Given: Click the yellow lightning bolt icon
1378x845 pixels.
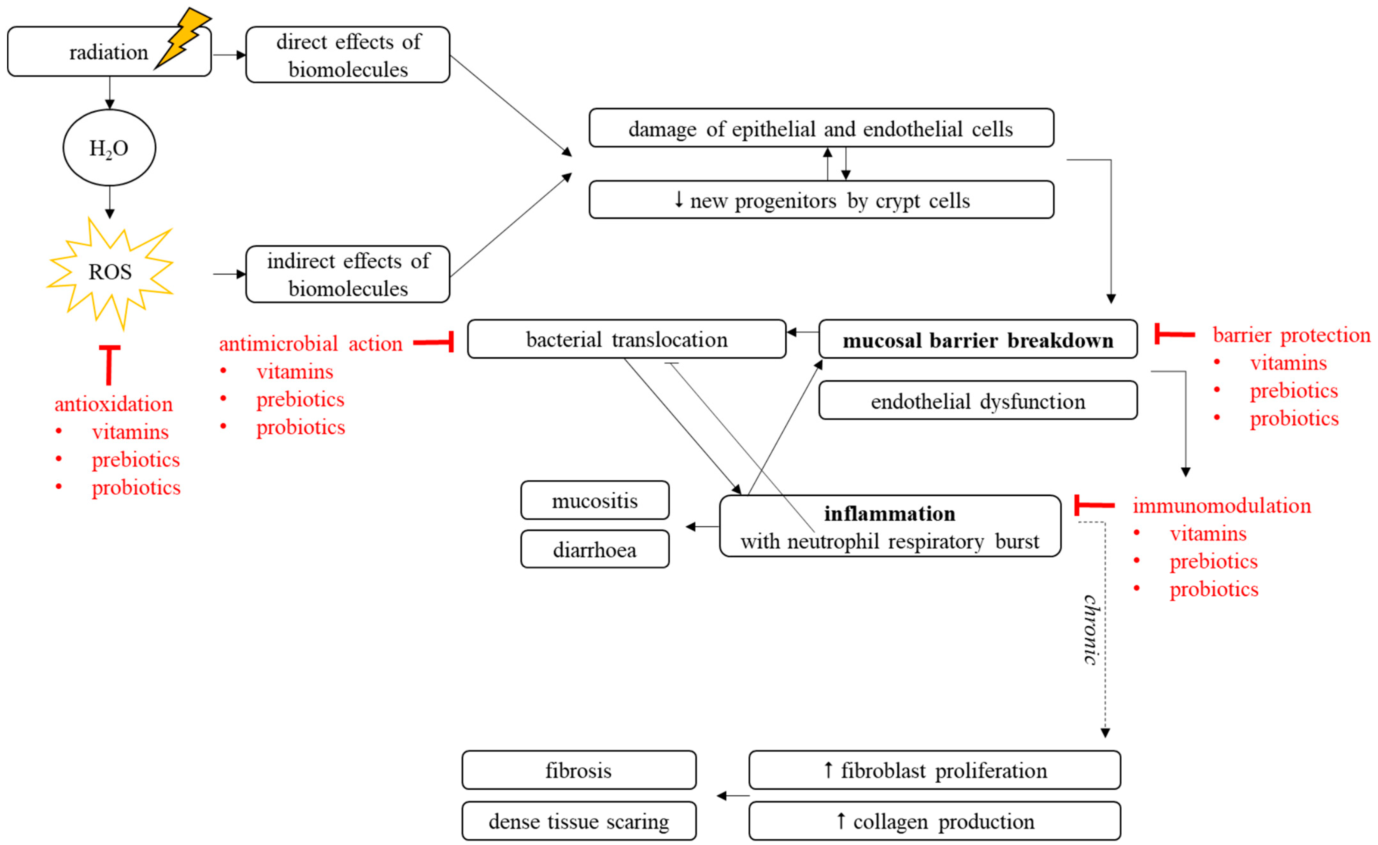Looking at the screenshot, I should (x=182, y=38).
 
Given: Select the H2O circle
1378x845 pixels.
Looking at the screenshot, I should (x=109, y=148).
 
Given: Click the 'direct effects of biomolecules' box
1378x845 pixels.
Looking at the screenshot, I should (x=347, y=55).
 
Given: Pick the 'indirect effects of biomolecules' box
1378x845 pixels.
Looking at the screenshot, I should (x=347, y=274).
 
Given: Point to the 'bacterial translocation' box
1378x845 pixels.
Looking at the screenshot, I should (x=626, y=339).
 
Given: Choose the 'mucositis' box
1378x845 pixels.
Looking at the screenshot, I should (x=595, y=500).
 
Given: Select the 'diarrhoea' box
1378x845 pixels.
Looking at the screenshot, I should (x=595, y=549).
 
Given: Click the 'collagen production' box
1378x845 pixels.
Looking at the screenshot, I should (x=934, y=821).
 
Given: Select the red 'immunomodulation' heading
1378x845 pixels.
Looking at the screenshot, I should (x=1221, y=505).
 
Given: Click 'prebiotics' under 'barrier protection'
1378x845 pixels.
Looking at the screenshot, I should (x=1294, y=391).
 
